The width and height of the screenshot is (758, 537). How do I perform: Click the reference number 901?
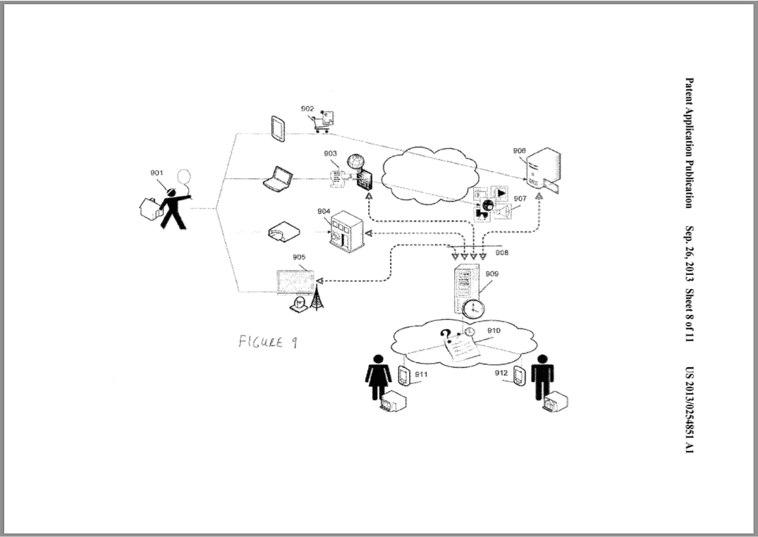157,173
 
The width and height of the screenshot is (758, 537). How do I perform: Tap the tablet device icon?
278,128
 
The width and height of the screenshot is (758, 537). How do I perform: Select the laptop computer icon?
279,179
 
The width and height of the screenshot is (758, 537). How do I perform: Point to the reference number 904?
324,211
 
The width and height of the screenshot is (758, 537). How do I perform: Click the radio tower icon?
317,297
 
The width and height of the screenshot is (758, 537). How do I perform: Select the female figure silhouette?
378,377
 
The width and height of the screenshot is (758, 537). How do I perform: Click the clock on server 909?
473,308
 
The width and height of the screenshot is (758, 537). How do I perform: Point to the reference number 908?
502,252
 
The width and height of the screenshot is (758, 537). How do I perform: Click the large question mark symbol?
446,335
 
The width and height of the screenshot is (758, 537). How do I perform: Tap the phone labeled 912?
519,376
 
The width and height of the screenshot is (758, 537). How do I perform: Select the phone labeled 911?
404,376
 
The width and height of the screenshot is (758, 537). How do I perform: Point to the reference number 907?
520,199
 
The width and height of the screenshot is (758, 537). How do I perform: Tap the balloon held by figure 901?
183,176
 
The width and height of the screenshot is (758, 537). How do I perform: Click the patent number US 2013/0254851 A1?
690,410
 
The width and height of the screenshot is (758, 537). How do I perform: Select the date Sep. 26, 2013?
690,254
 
